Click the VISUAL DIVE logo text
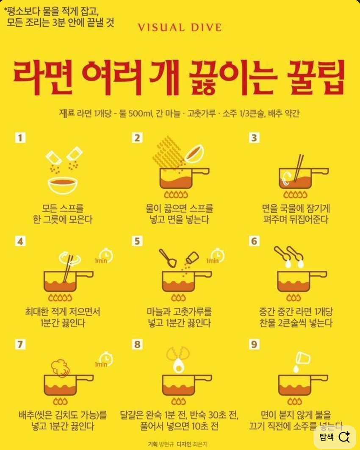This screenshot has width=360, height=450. point(180,28)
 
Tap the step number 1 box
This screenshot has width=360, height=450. point(20,138)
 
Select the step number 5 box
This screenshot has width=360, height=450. point(137,241)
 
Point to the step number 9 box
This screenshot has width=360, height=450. point(254,344)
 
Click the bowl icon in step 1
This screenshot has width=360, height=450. point(63,186)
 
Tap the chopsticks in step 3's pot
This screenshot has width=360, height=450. point(298,168)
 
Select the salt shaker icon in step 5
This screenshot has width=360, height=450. point(192,258)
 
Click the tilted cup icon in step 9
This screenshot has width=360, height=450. point(303,358)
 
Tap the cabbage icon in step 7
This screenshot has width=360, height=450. point(60,368)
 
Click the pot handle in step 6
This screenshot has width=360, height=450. point(318,275)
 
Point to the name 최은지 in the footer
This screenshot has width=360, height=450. point(200,444)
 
